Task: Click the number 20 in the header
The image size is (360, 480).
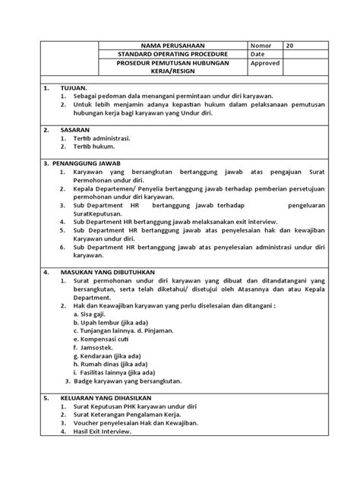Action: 290,46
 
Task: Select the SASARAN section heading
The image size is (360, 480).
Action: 74,130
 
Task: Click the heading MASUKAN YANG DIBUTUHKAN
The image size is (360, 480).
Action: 106,271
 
